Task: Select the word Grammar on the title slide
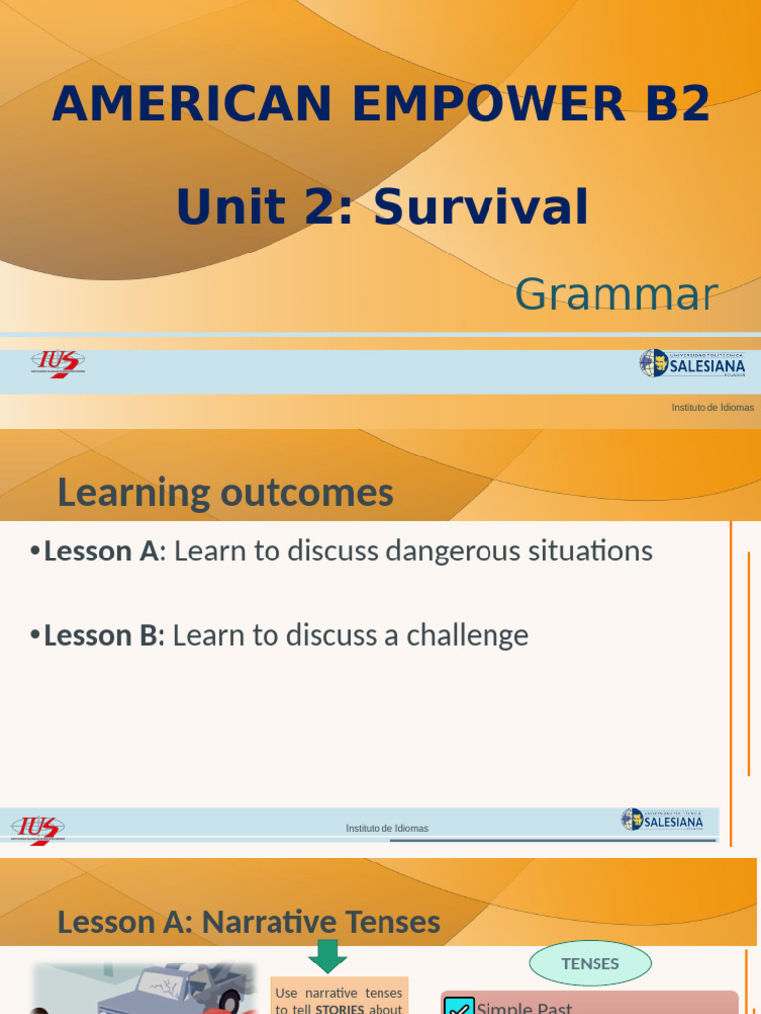pos(616,294)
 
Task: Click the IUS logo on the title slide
pos(57,363)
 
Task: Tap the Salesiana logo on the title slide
pos(693,363)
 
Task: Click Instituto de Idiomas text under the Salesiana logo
pos(711,407)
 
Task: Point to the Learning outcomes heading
pos(226,492)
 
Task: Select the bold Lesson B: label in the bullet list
pos(104,635)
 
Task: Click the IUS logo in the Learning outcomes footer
pos(39,828)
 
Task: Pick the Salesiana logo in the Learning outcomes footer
pos(662,820)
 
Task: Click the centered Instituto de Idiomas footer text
pos(386,828)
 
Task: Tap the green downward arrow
pos(327,958)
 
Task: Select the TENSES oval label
pos(590,963)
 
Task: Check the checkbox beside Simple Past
pos(459,1006)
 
